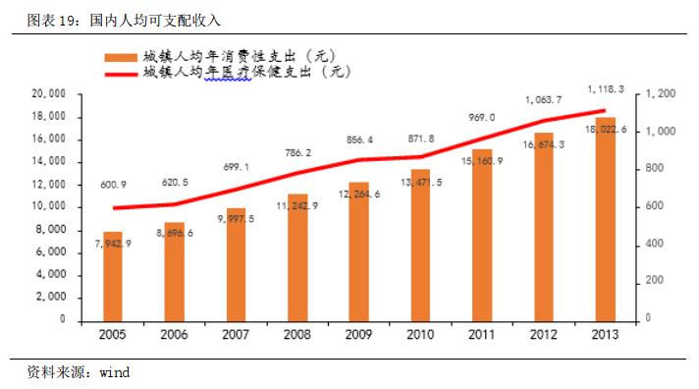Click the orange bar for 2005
(x=113, y=276)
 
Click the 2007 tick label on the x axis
(x=235, y=334)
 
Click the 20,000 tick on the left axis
(x=48, y=94)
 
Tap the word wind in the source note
(x=114, y=373)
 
